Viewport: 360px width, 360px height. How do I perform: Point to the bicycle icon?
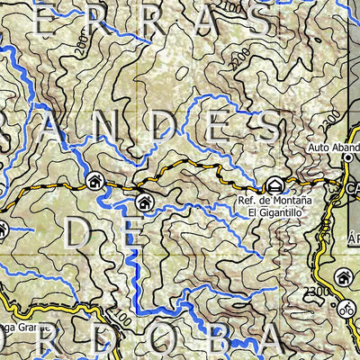pyautogui.click(x=346, y=305)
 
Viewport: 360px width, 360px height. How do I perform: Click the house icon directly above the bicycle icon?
pyautogui.click(x=342, y=277)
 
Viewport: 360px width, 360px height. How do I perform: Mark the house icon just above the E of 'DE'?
pyautogui.click(x=141, y=202)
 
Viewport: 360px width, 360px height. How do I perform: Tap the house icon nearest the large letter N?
pyautogui.click(x=94, y=181)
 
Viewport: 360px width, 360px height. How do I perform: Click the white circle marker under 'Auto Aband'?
pyautogui.click(x=347, y=158)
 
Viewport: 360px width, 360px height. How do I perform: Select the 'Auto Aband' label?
pyautogui.click(x=333, y=147)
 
